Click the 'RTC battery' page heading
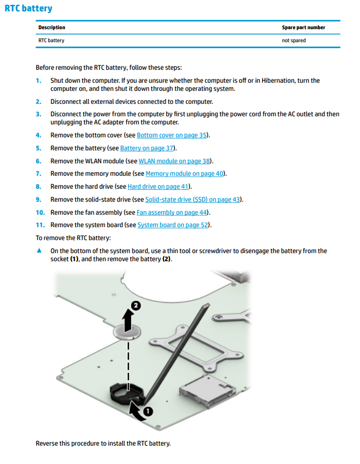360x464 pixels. click(x=29, y=9)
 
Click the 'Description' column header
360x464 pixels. click(x=51, y=28)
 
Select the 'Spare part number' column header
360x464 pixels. click(x=303, y=28)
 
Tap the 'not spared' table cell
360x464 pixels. click(x=293, y=41)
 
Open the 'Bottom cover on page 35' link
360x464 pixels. click(x=172, y=135)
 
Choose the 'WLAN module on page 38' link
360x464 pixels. click(x=174, y=161)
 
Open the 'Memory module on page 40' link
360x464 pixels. click(x=185, y=174)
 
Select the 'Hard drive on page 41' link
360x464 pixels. click(x=158, y=187)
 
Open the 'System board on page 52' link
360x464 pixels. click(x=173, y=225)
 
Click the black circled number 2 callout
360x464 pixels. click(x=136, y=306)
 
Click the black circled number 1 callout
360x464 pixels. click(x=148, y=412)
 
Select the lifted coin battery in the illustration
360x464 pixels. click(x=128, y=331)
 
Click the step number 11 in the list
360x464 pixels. click(x=40, y=225)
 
